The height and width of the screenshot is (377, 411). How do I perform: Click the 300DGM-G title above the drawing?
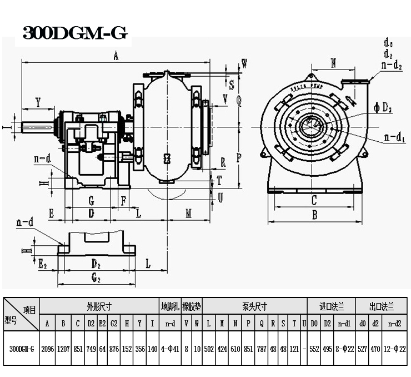[x=75, y=33]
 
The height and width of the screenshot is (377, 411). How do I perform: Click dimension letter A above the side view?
[x=116, y=55]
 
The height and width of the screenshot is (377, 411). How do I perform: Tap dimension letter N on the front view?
[x=333, y=63]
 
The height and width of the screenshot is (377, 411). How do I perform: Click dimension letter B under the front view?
[x=314, y=214]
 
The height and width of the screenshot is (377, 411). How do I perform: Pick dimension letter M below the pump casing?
[x=189, y=214]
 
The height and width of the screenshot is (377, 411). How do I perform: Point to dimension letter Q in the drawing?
[x=239, y=101]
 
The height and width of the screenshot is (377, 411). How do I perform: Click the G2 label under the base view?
[x=96, y=277]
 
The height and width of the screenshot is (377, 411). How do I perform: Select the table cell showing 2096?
[x=48, y=349]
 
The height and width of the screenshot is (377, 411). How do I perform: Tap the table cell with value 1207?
[x=63, y=349]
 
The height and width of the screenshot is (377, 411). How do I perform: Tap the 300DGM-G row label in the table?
[x=22, y=349]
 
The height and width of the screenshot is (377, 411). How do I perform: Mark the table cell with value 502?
[x=209, y=349]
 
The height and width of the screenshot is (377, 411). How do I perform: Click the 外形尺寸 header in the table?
[x=99, y=306]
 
